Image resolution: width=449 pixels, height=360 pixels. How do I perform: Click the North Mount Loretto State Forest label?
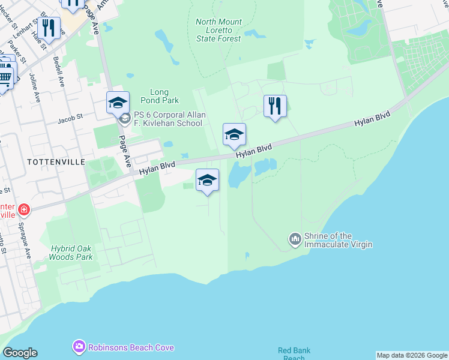(218, 30)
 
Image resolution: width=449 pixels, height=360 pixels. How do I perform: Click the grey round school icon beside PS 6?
(125, 118)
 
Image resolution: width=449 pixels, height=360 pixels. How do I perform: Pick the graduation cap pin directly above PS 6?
(118, 103)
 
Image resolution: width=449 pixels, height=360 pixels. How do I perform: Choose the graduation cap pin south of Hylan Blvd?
(207, 180)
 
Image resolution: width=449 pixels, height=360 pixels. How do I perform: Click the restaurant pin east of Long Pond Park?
(275, 106)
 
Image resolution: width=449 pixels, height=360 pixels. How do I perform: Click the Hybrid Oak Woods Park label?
(72, 252)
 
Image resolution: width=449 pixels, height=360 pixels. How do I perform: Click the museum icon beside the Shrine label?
(295, 239)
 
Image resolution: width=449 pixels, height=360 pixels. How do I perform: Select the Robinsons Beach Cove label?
(131, 347)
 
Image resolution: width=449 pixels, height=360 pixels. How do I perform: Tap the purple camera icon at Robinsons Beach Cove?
(79, 347)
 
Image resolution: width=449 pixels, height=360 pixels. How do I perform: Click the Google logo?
(20, 353)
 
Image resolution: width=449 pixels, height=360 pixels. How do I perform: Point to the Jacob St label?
(70, 120)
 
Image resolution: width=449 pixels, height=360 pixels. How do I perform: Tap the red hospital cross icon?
(23, 210)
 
